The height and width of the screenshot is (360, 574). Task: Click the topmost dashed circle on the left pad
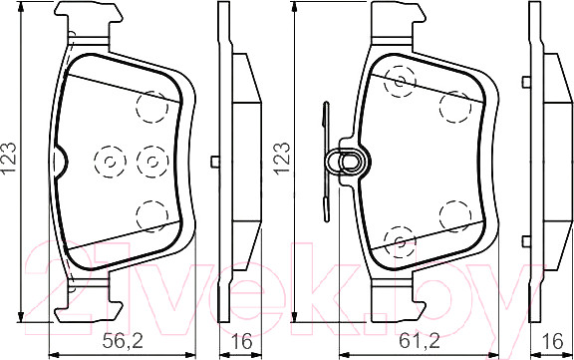pos(151,104)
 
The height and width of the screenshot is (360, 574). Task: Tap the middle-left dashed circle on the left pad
pos(107,159)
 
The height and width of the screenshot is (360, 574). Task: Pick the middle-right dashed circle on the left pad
pos(148,159)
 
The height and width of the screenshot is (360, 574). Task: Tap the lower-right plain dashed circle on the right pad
pos(455,213)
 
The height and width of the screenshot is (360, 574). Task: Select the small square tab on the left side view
pos(215,163)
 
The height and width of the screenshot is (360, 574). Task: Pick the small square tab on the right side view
pos(524,163)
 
